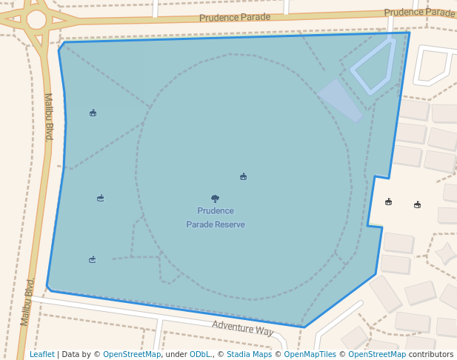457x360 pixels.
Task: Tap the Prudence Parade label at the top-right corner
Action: [419, 13]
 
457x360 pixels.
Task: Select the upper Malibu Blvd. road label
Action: [49, 116]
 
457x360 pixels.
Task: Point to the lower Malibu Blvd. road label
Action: [27, 301]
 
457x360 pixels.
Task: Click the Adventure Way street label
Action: [243, 328]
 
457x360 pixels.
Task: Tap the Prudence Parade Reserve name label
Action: [216, 218]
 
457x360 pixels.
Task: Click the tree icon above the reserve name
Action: [216, 199]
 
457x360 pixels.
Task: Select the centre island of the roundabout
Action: [36, 20]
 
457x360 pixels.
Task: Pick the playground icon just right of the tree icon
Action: [243, 176]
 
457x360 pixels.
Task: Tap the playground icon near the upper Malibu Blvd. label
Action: [93, 113]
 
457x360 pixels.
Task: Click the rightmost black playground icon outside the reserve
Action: [417, 204]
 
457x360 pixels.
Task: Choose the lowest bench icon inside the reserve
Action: [93, 259]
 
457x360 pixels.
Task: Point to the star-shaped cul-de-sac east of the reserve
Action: [446, 254]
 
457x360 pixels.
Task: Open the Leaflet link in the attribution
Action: [41, 354]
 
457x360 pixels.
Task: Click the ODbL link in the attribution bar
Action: [199, 354]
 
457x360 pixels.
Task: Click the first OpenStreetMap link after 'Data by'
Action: [132, 354]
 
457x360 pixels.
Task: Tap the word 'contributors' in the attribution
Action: [430, 354]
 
